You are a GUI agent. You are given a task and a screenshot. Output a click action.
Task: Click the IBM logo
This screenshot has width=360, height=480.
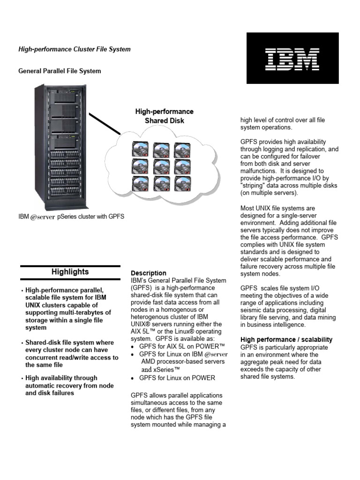(x=292, y=58)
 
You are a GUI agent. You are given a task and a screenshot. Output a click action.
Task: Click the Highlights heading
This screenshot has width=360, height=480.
(x=70, y=272)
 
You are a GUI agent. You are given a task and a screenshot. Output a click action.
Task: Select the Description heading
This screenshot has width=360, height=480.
(x=148, y=273)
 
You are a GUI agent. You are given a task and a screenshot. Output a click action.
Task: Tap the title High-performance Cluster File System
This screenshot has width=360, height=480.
(x=74, y=49)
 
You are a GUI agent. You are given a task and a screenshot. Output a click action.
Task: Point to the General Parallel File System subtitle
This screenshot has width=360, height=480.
(x=59, y=71)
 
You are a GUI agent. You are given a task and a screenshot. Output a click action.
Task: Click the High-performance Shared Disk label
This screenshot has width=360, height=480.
(x=164, y=116)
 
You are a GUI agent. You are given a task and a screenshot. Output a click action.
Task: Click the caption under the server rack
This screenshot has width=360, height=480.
(x=71, y=217)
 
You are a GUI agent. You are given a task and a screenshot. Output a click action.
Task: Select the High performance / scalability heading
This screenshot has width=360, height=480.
(x=286, y=339)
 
